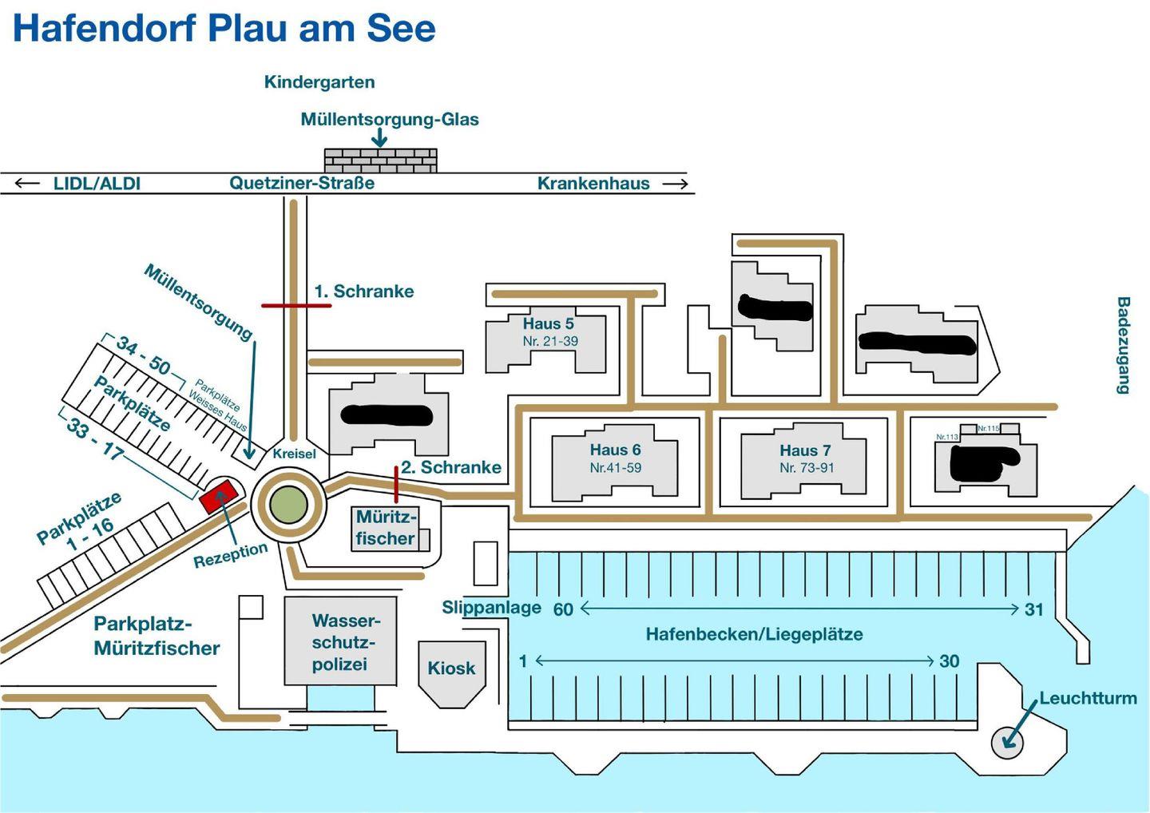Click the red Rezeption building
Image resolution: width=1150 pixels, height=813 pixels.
coord(219,496)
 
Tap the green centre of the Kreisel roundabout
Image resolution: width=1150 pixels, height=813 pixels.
coord(288,505)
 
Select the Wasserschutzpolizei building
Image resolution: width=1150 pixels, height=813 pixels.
coord(341,641)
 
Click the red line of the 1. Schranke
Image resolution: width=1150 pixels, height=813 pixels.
coord(296,305)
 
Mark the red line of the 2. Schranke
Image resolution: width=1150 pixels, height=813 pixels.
coord(396,484)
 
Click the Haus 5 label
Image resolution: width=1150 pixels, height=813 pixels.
coord(548,323)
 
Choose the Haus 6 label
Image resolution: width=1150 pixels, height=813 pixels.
coord(615,450)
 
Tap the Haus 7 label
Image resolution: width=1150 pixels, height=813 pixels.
coord(805,450)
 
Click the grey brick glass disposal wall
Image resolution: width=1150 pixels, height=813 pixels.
coord(380,160)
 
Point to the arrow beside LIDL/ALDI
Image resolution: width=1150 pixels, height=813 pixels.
coord(27,183)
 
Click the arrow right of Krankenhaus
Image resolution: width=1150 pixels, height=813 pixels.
coord(675,184)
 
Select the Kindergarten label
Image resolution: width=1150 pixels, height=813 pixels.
coord(319,81)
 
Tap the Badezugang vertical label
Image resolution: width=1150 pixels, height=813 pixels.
coord(1123,345)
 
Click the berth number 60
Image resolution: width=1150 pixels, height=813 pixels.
coord(563,609)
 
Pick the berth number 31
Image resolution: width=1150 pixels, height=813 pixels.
coord(1034,609)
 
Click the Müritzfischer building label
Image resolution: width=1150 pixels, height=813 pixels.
coord(386,527)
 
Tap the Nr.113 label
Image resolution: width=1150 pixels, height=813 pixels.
coord(947,437)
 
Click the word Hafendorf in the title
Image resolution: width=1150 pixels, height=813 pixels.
coord(104,28)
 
